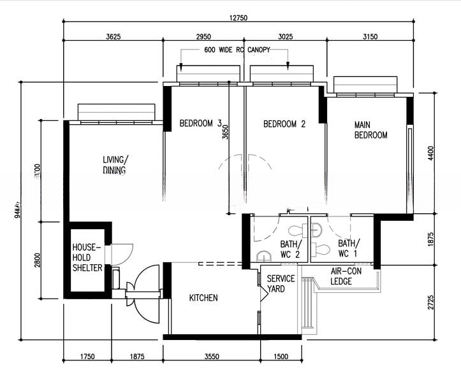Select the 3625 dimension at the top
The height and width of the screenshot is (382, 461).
pyautogui.click(x=113, y=36)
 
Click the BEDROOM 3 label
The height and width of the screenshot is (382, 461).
pyautogui.click(x=200, y=124)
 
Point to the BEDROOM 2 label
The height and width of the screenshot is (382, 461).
pyautogui.click(x=284, y=124)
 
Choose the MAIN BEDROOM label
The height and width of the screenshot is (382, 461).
pyautogui.click(x=371, y=130)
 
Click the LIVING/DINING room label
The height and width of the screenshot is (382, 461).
pyautogui.click(x=115, y=165)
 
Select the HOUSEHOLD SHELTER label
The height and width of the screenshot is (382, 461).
pyautogui.click(x=87, y=257)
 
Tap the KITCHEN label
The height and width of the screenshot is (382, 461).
pyautogui.click(x=203, y=298)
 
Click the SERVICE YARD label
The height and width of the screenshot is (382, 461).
pyautogui.click(x=281, y=284)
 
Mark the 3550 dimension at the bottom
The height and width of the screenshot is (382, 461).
pyautogui.click(x=212, y=357)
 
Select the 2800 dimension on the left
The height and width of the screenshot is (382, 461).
pyautogui.click(x=38, y=260)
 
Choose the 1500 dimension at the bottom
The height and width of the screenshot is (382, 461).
pyautogui.click(x=281, y=357)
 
